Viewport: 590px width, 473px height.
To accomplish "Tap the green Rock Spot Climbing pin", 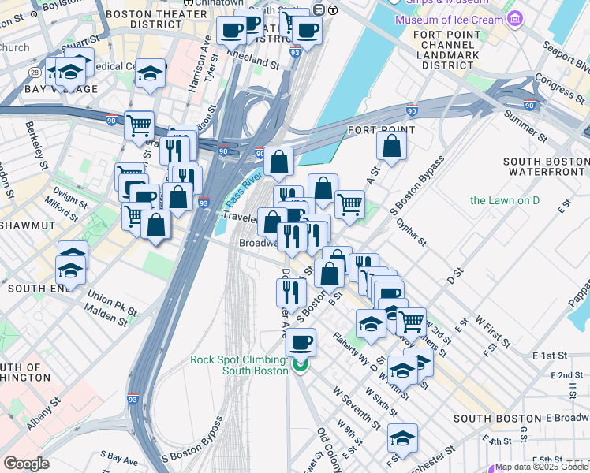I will coord(300,365).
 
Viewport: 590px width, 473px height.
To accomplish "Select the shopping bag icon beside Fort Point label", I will coord(391,146).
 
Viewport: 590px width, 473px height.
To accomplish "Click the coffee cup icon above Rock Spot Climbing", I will coord(300,343).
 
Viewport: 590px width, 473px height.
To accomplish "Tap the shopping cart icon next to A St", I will coord(349,204).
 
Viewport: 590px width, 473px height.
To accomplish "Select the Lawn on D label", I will coord(505,200).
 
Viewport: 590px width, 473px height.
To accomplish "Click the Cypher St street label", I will coord(412,231).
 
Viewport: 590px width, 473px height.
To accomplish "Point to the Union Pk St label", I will coord(110,300).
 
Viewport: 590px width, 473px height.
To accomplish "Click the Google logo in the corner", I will coord(27,463).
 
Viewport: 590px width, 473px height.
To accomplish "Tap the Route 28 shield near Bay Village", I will coord(35,73).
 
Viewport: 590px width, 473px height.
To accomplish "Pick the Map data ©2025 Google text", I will coord(541,467).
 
